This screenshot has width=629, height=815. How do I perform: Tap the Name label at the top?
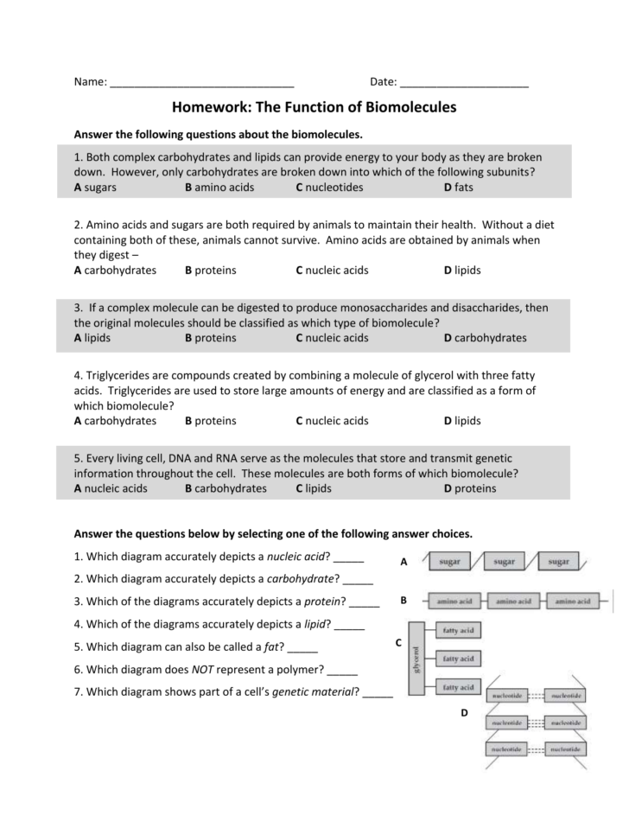point(90,82)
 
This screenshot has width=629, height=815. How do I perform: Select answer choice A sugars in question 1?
point(95,187)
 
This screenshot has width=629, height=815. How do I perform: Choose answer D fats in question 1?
point(458,187)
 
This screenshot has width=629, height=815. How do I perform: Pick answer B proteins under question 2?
point(210,271)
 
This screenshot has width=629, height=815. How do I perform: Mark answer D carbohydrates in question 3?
point(485,338)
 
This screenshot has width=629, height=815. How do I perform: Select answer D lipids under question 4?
point(462,421)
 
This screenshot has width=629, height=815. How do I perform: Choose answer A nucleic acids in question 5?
point(111,488)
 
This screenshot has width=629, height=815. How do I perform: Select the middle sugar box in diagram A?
point(505,562)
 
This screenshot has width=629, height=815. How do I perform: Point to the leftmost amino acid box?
point(454,600)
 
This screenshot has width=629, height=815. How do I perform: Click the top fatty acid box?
point(457,631)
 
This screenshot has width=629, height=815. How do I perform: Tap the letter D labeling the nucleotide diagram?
point(464,713)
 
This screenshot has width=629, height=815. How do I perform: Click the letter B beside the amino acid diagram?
point(403,599)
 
